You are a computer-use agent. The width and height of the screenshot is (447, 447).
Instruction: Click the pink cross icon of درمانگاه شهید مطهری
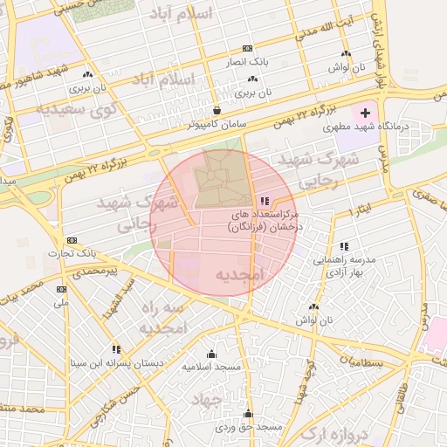(365, 113)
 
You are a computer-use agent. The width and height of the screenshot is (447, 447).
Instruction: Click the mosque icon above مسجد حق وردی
(248, 414)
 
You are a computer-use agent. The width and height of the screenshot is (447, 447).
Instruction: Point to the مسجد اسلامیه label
(210, 367)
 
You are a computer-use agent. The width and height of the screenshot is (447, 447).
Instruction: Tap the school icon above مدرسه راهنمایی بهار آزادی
(344, 246)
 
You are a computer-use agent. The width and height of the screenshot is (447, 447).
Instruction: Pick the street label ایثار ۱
(360, 211)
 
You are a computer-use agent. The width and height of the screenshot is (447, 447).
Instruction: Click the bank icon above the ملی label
(61, 289)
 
